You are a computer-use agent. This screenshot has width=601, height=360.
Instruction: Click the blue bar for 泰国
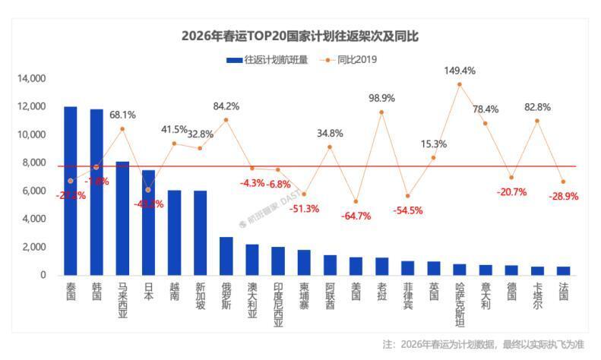tap(70, 191)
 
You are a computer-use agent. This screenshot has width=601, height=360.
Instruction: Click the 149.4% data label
tap(460, 71)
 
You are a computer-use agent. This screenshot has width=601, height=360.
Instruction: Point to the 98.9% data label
tap(381, 98)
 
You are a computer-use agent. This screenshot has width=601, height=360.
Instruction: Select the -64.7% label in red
tap(356, 216)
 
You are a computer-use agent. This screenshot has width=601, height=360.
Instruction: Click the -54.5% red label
tap(408, 210)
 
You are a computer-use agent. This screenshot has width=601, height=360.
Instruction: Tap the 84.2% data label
tap(226, 106)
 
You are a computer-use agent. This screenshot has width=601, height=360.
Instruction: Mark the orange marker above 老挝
tap(381, 112)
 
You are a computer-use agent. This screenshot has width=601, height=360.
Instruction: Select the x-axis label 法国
tap(563, 292)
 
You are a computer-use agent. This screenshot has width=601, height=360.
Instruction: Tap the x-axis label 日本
tap(148, 292)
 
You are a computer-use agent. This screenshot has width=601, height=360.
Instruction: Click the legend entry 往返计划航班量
tap(267, 58)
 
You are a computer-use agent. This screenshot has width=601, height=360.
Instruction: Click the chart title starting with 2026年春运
tap(300, 36)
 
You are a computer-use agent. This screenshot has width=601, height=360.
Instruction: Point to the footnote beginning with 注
tap(484, 344)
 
